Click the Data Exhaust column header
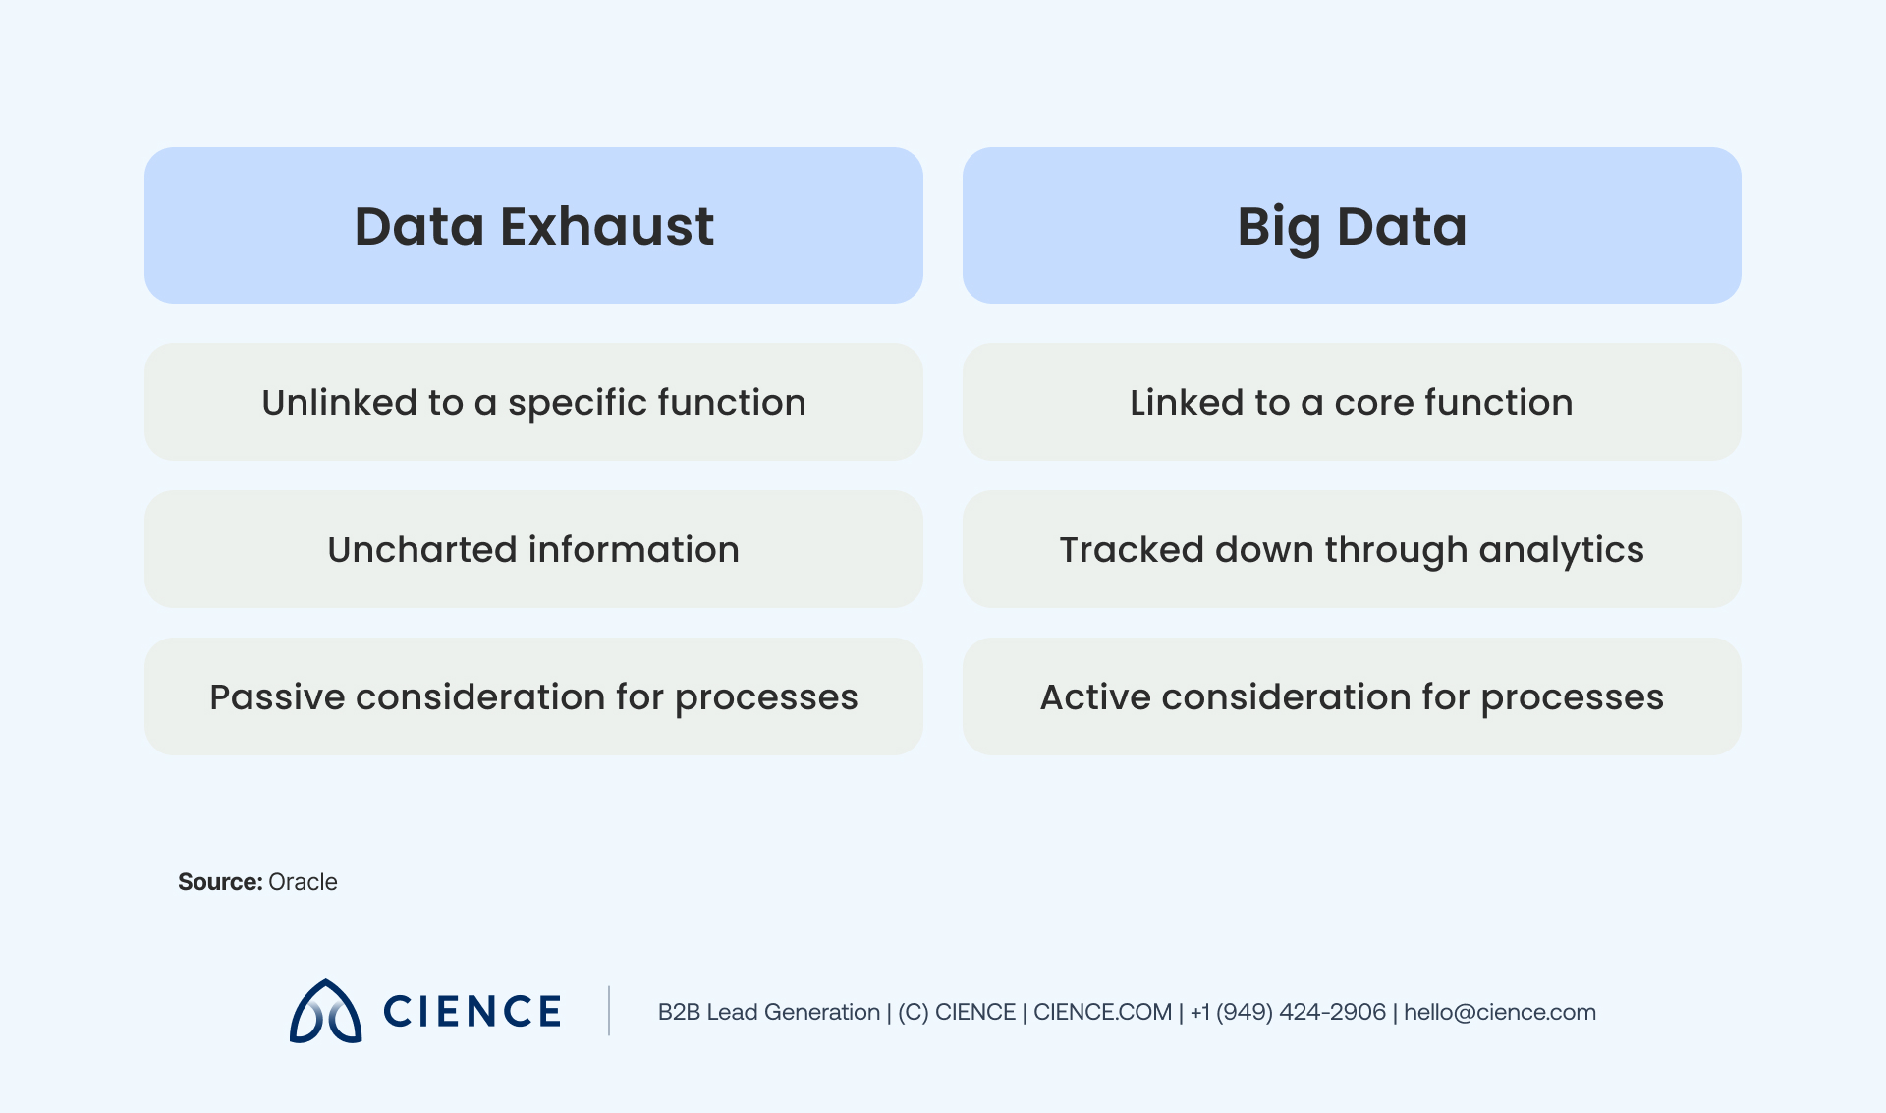click(x=533, y=226)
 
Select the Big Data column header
click(x=1352, y=226)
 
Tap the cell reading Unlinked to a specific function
click(x=533, y=402)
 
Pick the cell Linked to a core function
click(x=1352, y=402)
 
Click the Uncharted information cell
click(x=533, y=549)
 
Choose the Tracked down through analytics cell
click(x=1352, y=549)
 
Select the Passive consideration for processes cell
click(x=533, y=696)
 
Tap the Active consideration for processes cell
click(x=1352, y=696)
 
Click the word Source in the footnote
click(x=219, y=882)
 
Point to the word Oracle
click(x=303, y=882)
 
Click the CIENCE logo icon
click(x=325, y=1012)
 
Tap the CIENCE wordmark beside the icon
click(x=471, y=1012)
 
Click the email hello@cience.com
click(x=1499, y=1012)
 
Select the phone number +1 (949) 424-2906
click(x=1287, y=1012)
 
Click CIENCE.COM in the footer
click(x=1102, y=1012)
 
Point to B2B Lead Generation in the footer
click(x=768, y=1012)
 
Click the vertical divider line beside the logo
click(x=609, y=1011)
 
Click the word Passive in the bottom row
click(x=277, y=697)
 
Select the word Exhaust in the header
click(x=607, y=227)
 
